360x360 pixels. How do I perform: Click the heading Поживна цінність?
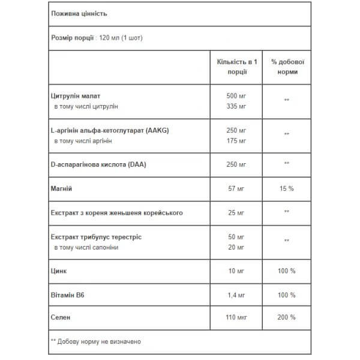[x=74, y=13]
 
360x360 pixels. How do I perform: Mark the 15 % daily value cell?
[x=287, y=188]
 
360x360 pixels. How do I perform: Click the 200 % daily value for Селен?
[x=287, y=316]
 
